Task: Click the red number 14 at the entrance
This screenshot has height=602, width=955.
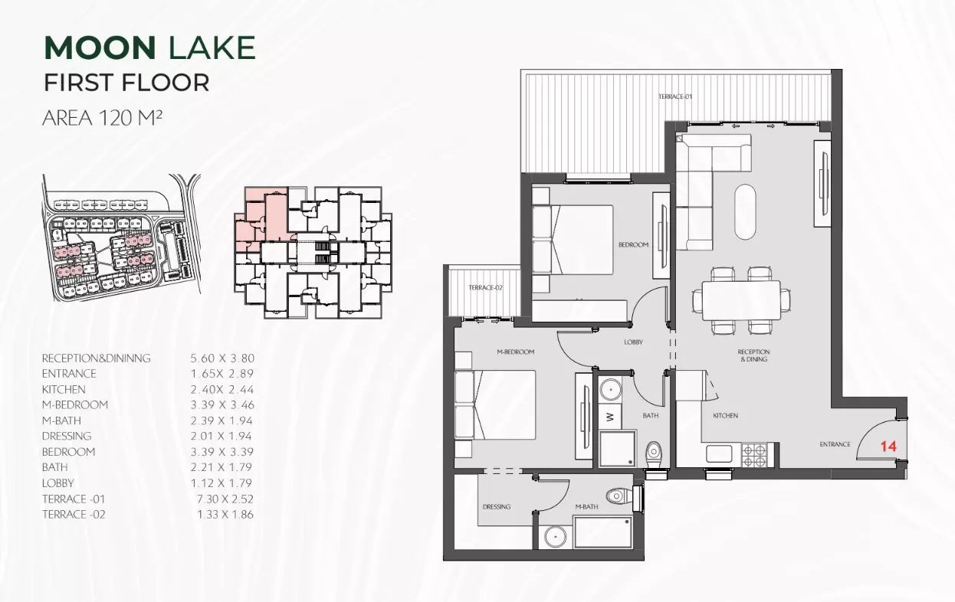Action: coord(889,446)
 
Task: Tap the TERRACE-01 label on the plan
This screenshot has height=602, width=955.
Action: coord(675,97)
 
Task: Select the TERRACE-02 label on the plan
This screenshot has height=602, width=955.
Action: coord(485,287)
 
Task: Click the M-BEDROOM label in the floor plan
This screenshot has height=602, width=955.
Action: coord(516,352)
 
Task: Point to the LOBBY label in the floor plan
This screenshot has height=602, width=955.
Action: coord(633,342)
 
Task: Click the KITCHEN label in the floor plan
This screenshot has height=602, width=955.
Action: coord(725,415)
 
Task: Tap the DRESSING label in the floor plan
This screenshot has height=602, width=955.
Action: coord(496,506)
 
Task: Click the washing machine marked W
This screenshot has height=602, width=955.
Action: coord(610,417)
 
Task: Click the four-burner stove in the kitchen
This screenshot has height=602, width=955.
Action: coord(753,455)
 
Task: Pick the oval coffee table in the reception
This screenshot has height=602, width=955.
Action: coord(745,211)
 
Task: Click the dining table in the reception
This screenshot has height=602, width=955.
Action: coord(741,300)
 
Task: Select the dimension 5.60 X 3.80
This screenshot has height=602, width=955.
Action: coord(222,358)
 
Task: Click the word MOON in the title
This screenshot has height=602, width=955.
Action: coord(100,47)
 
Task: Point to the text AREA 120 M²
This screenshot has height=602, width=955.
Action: coord(103,118)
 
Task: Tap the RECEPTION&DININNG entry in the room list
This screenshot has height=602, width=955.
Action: coord(97,358)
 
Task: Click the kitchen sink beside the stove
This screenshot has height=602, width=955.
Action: coord(719,453)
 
